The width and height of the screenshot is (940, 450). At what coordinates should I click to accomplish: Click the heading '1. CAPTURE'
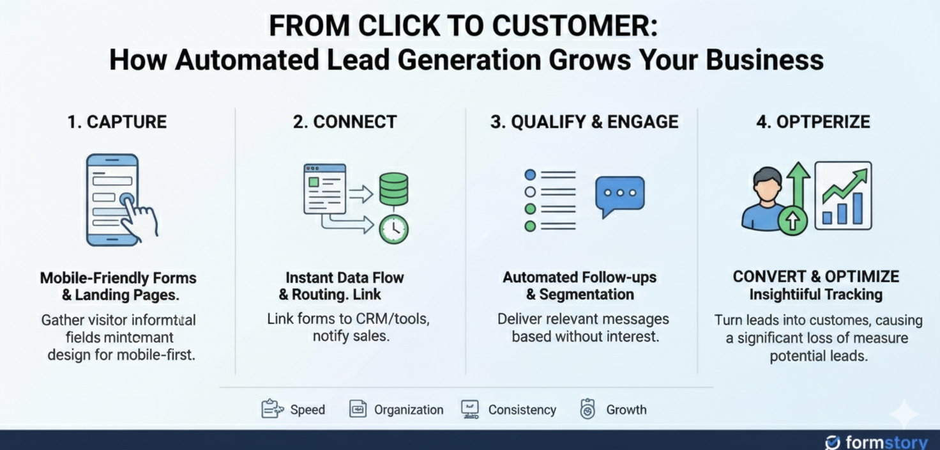(117, 121)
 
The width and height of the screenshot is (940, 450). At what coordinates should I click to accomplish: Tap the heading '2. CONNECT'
(345, 121)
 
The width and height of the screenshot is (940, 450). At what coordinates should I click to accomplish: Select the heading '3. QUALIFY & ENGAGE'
(584, 121)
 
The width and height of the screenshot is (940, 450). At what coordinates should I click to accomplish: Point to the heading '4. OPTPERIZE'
(813, 121)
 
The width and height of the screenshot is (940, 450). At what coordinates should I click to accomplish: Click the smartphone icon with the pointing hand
(115, 199)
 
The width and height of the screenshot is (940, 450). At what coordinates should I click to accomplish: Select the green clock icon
(393, 228)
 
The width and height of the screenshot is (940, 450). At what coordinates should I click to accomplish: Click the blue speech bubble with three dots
(619, 196)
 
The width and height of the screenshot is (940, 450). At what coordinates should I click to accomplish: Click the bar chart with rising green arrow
(843, 196)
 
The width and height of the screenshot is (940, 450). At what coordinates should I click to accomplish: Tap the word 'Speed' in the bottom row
(307, 410)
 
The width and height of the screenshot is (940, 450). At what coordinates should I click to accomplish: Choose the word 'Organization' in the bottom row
(409, 410)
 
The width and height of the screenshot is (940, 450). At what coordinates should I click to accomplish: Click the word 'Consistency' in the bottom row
(522, 410)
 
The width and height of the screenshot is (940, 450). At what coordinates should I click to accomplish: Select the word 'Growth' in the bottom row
(626, 410)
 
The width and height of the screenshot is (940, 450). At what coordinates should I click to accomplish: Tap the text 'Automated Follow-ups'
(579, 277)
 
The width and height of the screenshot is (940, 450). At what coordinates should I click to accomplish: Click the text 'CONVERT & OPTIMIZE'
(815, 277)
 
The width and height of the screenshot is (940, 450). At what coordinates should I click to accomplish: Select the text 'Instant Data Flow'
(344, 277)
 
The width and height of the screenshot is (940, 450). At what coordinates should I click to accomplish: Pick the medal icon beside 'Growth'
(587, 409)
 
